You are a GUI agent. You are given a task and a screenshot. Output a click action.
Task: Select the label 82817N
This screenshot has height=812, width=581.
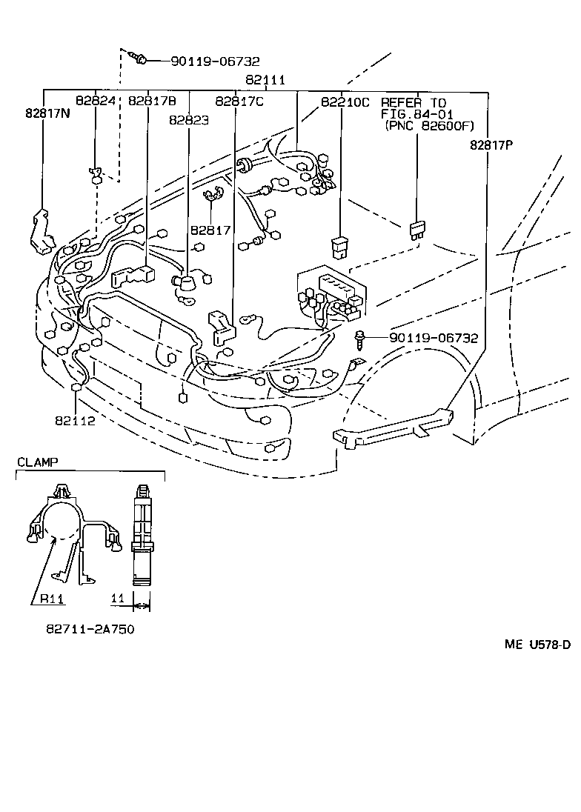(x=47, y=114)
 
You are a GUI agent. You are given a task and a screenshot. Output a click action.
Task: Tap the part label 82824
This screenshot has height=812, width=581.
(x=96, y=101)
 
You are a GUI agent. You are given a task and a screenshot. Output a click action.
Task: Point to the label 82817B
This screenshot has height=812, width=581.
(x=152, y=101)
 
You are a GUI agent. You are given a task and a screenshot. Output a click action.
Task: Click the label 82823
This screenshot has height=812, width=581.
(x=188, y=120)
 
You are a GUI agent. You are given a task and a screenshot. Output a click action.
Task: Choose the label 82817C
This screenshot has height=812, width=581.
(x=239, y=101)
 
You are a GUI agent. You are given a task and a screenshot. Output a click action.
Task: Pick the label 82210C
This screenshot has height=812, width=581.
(x=345, y=101)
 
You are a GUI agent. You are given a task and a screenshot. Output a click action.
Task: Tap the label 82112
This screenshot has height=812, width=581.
(x=75, y=421)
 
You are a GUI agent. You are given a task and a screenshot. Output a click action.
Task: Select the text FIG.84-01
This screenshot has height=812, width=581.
(x=416, y=114)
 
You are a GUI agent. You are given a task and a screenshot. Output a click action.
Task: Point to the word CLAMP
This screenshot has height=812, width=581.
(x=37, y=462)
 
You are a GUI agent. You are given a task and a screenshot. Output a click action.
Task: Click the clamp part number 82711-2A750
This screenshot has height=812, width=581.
(x=90, y=629)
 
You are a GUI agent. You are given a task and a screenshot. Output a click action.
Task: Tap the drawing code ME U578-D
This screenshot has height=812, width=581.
(x=537, y=645)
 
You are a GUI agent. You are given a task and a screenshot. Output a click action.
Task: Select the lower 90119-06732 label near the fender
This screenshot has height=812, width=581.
(x=434, y=338)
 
